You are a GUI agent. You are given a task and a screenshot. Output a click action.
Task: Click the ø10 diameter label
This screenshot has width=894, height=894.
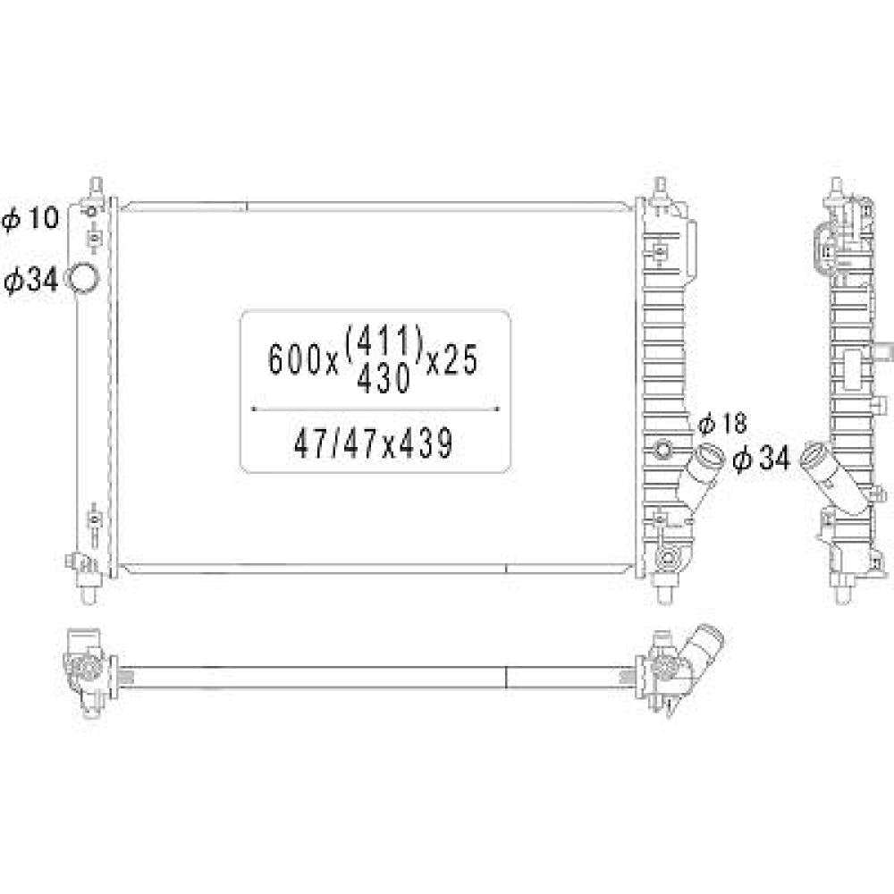pos(30,218)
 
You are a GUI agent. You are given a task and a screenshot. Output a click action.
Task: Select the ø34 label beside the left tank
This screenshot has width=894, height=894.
pos(30,281)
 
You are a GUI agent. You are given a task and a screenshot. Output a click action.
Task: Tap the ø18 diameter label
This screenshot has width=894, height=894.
pos(721,420)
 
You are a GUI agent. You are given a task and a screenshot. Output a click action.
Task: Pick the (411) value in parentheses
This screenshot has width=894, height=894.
pos(383,341)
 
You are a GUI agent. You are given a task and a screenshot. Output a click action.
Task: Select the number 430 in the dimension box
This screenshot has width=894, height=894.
pos(383,381)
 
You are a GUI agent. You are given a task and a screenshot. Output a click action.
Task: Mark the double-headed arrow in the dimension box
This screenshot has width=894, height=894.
pos(375,409)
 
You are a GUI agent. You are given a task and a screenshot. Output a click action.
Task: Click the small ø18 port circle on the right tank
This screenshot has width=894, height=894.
pos(662,448)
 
